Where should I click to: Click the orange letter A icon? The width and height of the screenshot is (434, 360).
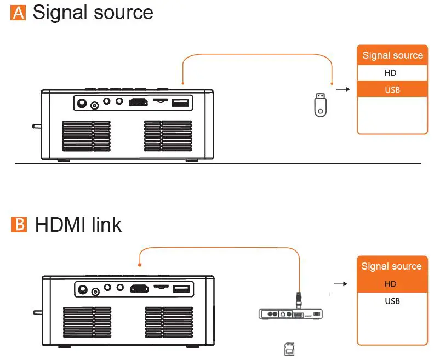(x=18, y=12)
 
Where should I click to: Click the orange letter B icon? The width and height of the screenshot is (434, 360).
(x=18, y=225)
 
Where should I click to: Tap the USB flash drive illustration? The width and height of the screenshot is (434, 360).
(x=321, y=104)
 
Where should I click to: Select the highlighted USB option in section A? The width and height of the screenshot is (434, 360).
(x=392, y=89)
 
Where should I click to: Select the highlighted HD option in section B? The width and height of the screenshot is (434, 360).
(x=391, y=284)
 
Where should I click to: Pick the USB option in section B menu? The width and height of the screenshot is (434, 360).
(x=392, y=301)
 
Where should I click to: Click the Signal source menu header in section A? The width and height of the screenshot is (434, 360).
(x=392, y=55)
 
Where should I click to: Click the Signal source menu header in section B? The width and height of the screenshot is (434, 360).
(x=391, y=266)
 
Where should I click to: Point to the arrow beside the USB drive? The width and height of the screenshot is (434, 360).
(x=342, y=89)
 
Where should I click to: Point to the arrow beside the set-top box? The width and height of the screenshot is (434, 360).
(x=341, y=284)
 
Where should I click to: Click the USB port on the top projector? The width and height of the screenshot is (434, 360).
(x=180, y=102)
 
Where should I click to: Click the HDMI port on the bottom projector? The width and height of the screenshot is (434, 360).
(x=139, y=288)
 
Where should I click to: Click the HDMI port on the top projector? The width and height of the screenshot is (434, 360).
(x=138, y=102)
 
